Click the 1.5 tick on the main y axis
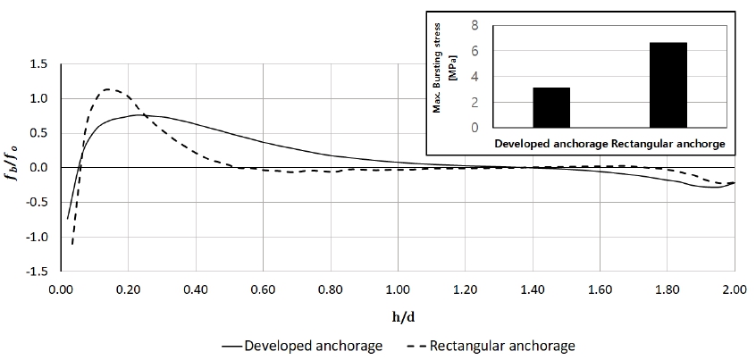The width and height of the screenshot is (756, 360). tap(38, 64)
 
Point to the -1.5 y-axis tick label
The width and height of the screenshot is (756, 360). tap(36, 272)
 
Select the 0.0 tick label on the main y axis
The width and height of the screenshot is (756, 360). tap(38, 168)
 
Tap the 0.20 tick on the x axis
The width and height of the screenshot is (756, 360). tap(128, 289)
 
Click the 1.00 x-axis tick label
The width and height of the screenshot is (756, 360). tap(398, 289)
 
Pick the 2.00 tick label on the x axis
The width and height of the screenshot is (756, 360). tap(735, 289)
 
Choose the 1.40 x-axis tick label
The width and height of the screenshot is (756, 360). tap(533, 289)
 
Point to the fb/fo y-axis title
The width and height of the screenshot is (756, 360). tap(13, 168)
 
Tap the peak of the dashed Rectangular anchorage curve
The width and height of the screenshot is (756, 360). tap(109, 89)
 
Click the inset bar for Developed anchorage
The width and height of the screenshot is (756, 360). tap(550, 107)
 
